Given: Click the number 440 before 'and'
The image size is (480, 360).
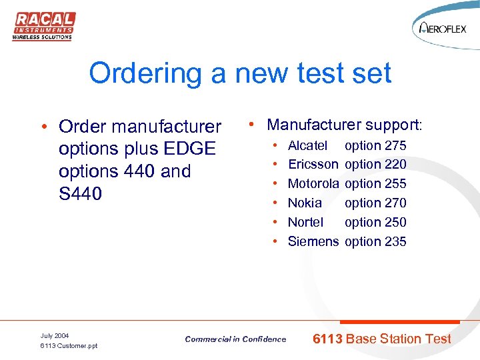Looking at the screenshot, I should point(138,171).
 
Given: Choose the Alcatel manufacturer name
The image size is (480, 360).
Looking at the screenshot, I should point(307,145).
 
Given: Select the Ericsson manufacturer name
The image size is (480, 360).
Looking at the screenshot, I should point(313,164).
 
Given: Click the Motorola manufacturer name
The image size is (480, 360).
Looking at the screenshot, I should point(313,183).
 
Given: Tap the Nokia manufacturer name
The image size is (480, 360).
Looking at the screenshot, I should point(305,203).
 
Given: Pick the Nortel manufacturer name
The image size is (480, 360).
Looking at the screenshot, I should point(305,222).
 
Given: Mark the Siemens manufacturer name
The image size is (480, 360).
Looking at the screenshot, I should point(313,241).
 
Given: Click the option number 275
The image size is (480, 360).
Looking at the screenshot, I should point(395,145).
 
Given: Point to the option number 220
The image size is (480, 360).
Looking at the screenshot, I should point(395,164).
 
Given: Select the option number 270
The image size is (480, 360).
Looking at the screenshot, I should point(395,203).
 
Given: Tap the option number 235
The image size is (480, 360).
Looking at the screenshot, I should point(395,241).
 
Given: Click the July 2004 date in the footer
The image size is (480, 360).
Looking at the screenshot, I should point(55,335).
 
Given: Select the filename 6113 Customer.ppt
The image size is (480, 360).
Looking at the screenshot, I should point(69,346).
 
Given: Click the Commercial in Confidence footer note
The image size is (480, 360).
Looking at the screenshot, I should point(235,339).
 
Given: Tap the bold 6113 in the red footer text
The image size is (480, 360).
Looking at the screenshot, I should point(327,339).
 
